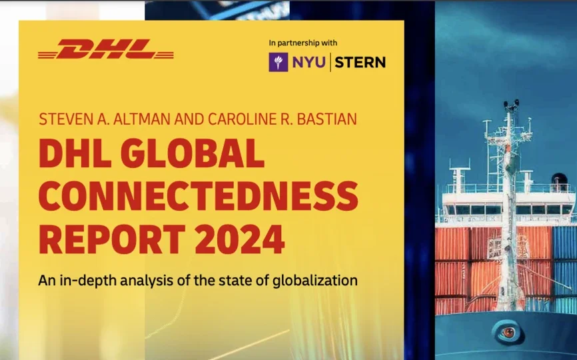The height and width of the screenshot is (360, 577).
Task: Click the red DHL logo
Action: [106, 49]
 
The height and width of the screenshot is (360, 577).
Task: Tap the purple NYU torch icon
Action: [279, 62]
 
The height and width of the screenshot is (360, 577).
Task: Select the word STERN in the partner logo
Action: [360, 63]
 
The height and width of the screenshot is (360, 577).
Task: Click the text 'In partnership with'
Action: [300, 43]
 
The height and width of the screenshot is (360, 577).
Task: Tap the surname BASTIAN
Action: [323, 119]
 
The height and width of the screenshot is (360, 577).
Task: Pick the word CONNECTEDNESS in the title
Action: [198, 196]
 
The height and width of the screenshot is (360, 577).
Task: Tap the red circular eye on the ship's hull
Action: [506, 331]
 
